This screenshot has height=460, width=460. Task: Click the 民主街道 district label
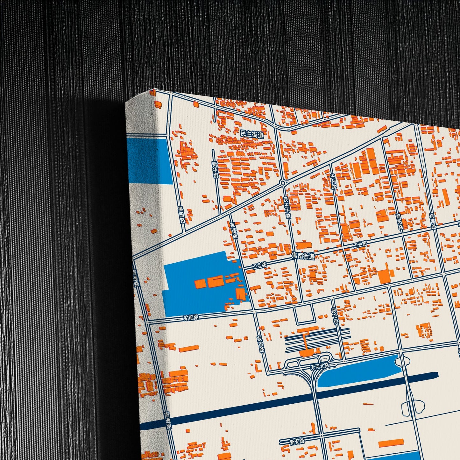tap(252, 134)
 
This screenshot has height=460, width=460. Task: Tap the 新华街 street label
tap(216, 170)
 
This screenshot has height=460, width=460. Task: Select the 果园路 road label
tap(181, 215)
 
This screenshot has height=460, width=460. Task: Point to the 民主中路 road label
tap(287, 208)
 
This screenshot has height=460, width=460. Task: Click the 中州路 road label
tap(333, 182)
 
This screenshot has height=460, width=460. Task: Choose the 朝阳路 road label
tap(400, 222)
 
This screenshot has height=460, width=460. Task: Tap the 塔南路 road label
tap(433, 221)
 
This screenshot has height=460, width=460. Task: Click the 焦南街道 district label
tap(303, 256)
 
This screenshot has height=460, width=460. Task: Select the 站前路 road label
tap(191, 317)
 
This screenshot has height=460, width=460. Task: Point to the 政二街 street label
tap(335, 316)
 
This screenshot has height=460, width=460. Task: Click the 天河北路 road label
tap(320, 366)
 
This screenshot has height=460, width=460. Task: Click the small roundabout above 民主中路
tap(282, 183)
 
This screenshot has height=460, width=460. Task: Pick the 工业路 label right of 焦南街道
tap(360, 244)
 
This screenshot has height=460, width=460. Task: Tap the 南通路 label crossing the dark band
tap(168, 421)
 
